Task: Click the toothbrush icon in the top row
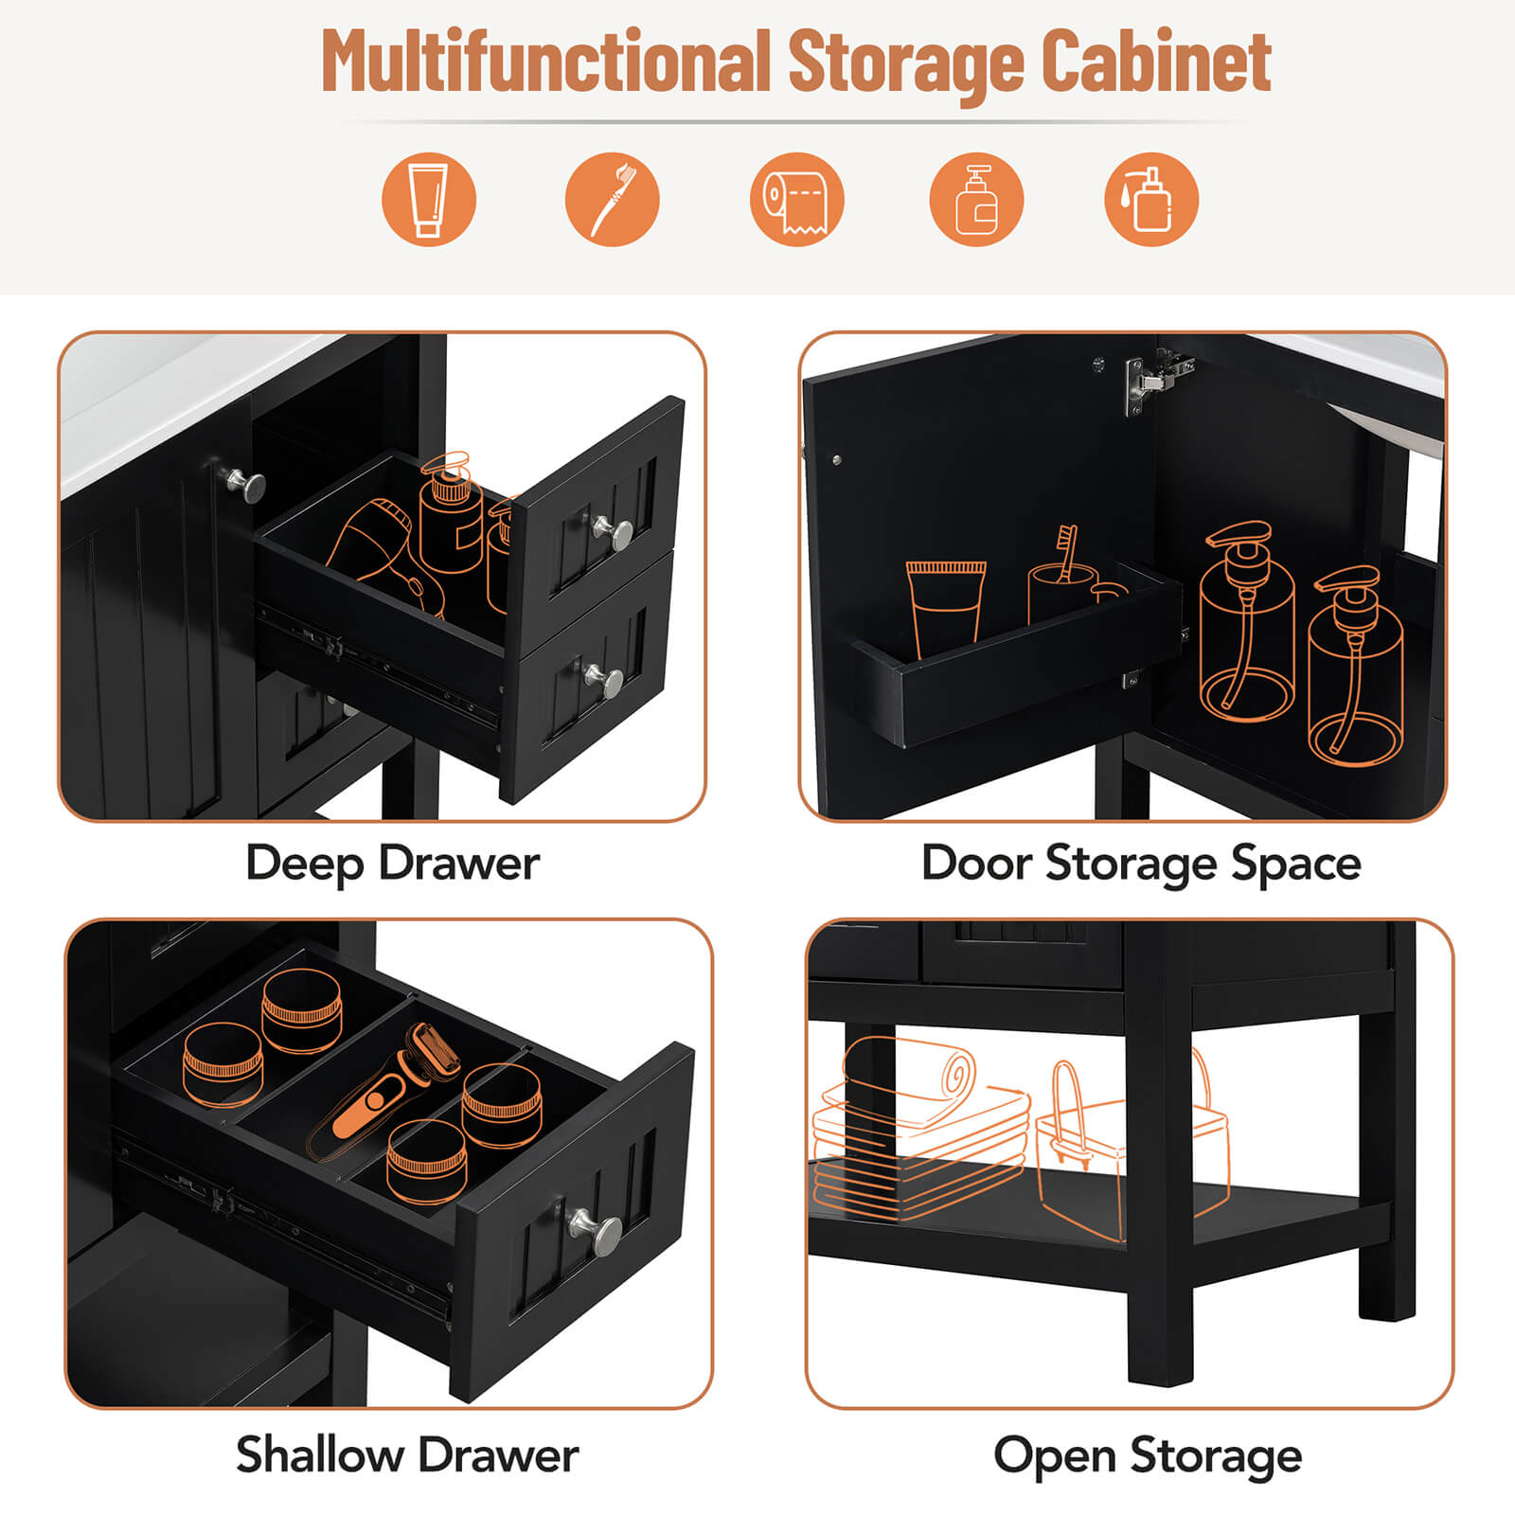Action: [x=612, y=200]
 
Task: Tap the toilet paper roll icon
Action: [x=796, y=200]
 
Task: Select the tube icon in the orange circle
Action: [x=428, y=200]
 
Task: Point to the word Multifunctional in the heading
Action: [x=545, y=62]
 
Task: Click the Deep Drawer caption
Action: [x=392, y=864]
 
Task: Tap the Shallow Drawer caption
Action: [x=407, y=1455]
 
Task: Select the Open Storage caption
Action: [x=1148, y=1455]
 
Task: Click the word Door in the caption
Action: [x=976, y=864]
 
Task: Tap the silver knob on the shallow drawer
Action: [x=596, y=1228]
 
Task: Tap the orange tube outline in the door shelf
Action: [x=945, y=606]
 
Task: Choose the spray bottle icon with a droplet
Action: [x=1150, y=200]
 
